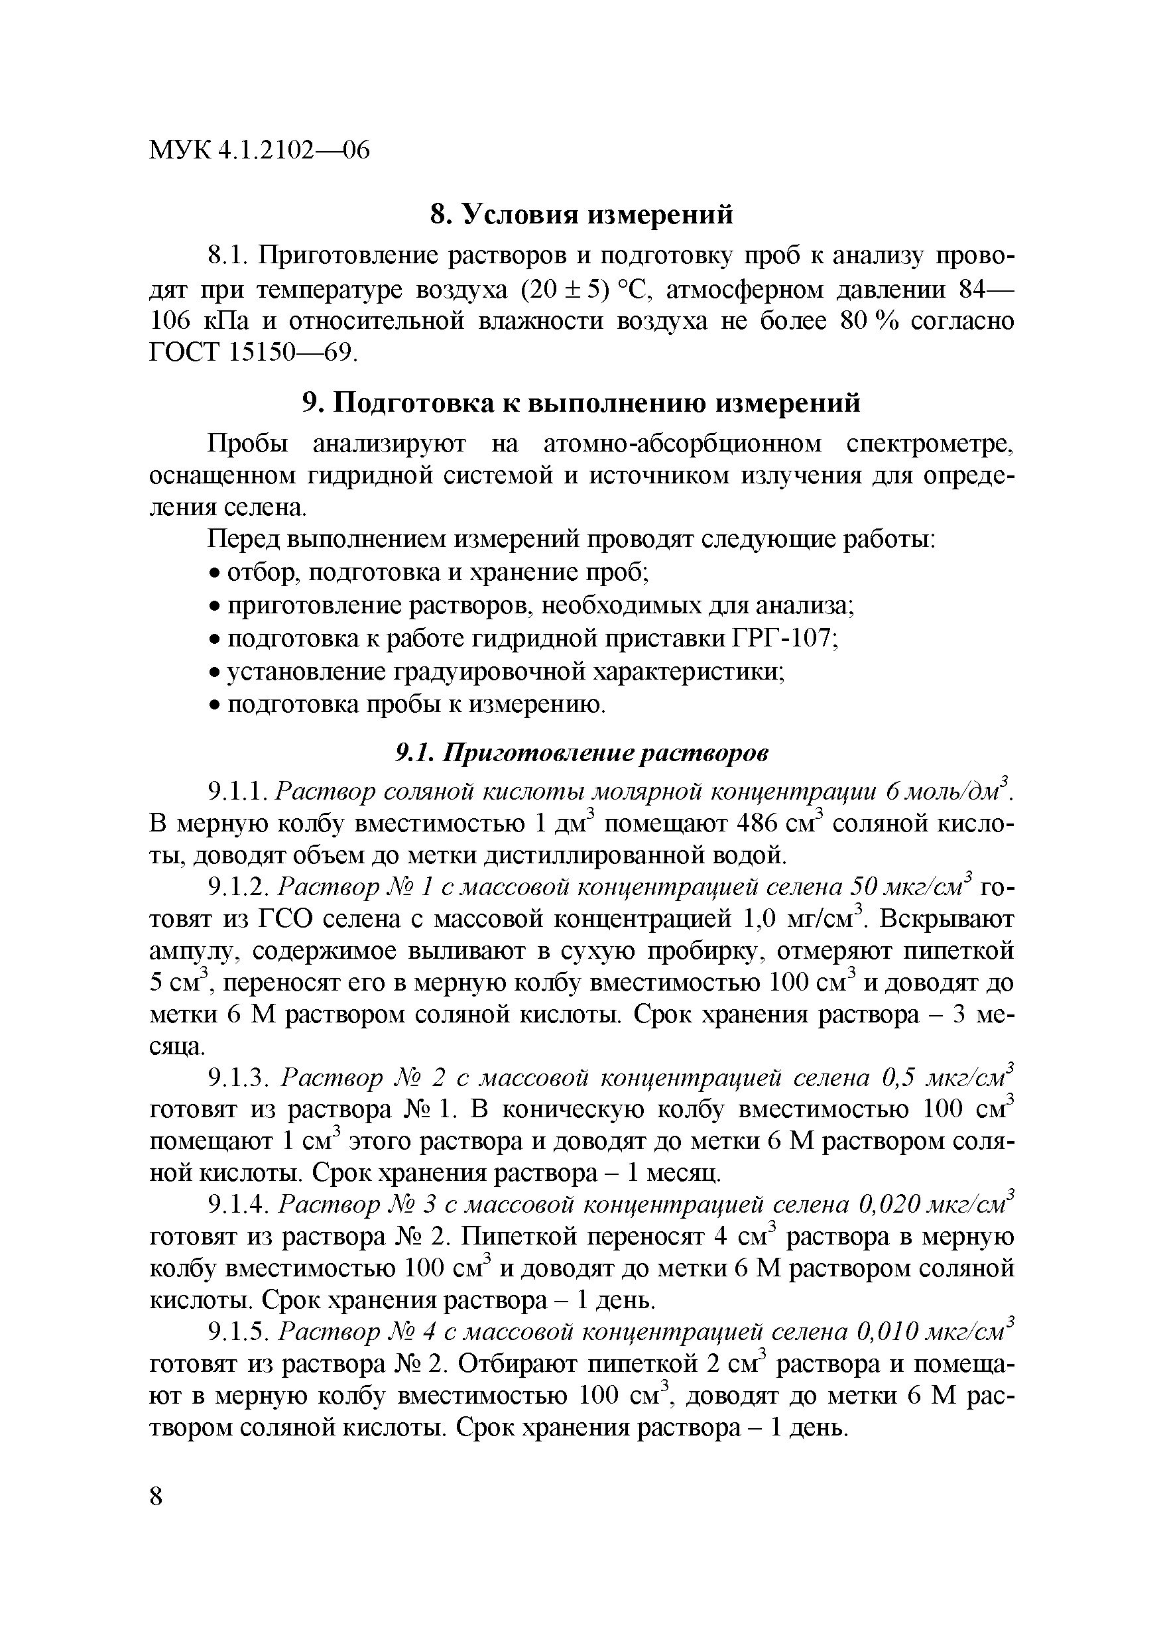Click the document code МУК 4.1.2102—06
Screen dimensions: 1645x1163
pos(259,151)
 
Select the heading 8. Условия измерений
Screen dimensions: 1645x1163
pos(581,213)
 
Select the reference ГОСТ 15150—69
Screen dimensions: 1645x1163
pos(251,353)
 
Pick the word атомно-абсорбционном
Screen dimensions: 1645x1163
pos(683,444)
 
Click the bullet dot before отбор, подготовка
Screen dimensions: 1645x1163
pos(214,573)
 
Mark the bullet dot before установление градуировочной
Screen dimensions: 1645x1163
pos(214,673)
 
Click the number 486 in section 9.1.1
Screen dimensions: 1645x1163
pos(757,823)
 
